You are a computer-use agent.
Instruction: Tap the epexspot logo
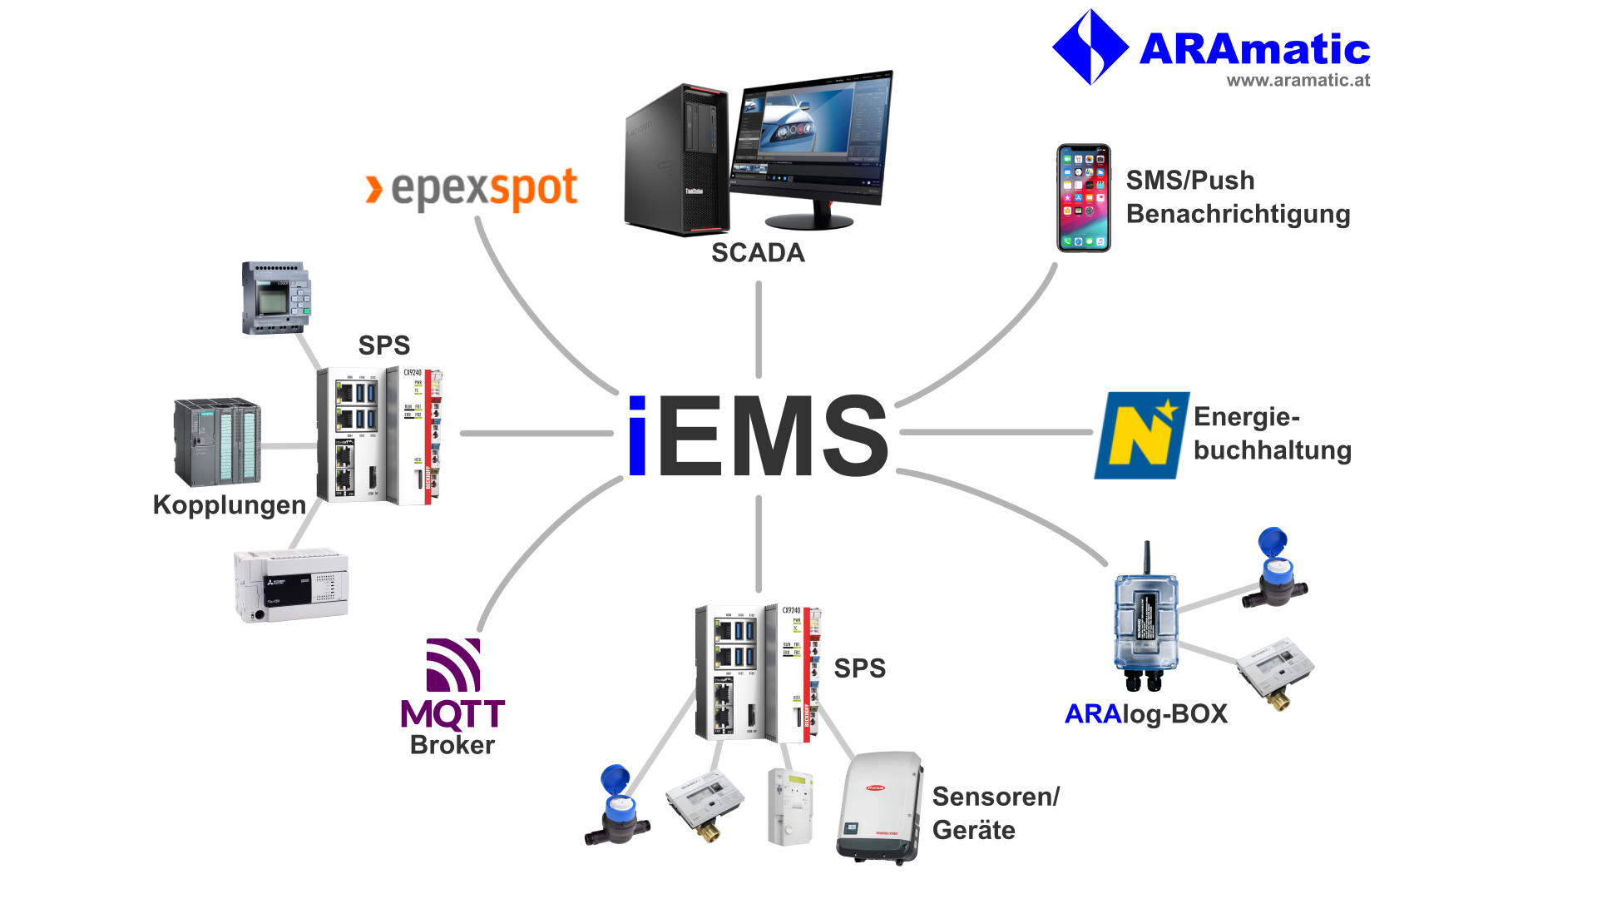(472, 189)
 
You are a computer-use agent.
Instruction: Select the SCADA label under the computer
(758, 253)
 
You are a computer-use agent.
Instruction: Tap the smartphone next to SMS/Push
(1083, 198)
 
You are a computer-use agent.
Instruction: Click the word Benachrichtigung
(1238, 215)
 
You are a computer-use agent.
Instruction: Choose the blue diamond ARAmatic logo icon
(1090, 47)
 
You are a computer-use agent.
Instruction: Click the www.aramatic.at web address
(1298, 81)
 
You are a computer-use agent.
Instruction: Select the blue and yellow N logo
(1141, 435)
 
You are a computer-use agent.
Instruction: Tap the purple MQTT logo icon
(453, 665)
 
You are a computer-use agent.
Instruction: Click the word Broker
(452, 745)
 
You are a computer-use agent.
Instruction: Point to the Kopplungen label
(230, 505)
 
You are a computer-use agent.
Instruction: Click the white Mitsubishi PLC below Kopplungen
(291, 586)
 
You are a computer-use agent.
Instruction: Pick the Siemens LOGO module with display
(276, 298)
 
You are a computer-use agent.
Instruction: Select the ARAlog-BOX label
(1146, 714)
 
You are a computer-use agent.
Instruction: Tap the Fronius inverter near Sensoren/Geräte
(880, 807)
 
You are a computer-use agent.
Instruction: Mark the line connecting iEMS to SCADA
(759, 330)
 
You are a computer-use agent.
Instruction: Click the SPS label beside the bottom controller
(860, 668)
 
